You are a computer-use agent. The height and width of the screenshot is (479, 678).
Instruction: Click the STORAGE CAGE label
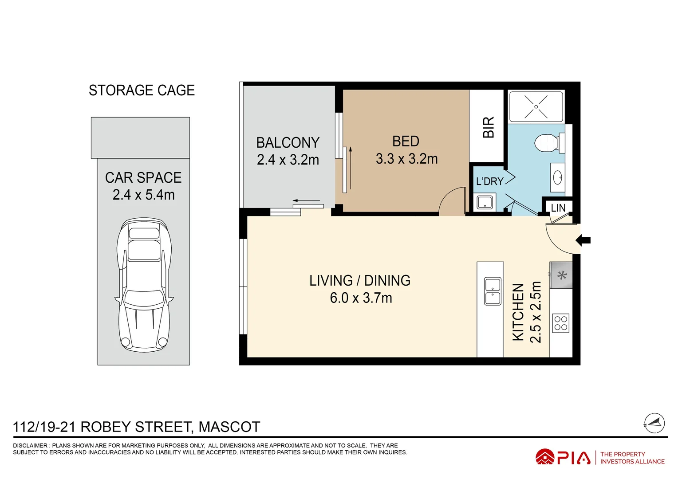click(142, 90)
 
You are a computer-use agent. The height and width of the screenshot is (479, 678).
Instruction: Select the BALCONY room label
click(288, 143)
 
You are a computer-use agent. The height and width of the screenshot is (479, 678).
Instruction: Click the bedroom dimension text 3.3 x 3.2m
click(406, 159)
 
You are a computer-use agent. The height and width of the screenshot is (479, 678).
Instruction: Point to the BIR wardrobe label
click(488, 127)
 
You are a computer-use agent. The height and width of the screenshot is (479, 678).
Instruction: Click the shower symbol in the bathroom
click(536, 107)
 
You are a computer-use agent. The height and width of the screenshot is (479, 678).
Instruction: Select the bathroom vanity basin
click(557, 178)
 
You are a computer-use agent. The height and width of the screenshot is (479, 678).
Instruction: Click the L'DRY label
click(489, 181)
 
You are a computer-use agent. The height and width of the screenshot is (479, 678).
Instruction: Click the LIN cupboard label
click(558, 208)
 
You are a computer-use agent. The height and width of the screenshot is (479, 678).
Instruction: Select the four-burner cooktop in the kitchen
click(561, 323)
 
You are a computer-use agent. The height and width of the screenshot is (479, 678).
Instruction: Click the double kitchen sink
click(493, 291)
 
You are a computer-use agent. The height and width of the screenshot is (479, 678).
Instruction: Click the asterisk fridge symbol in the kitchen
click(562, 275)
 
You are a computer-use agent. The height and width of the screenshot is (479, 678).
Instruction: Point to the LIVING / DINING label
click(360, 281)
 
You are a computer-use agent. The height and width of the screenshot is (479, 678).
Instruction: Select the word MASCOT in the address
click(229, 427)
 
